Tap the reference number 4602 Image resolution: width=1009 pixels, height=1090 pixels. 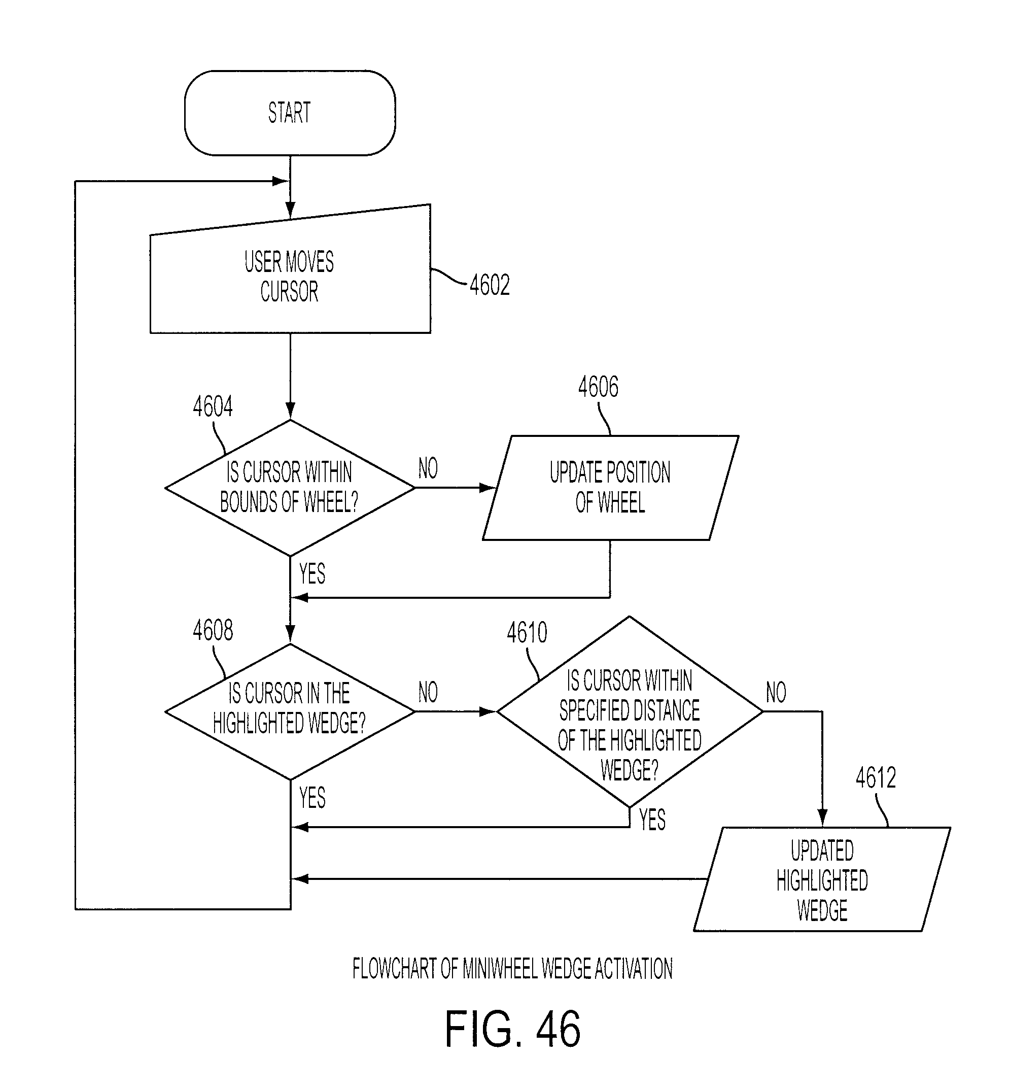(x=490, y=285)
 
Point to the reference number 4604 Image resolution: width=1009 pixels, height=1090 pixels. (x=213, y=406)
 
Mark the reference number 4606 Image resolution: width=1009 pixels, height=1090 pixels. (x=599, y=387)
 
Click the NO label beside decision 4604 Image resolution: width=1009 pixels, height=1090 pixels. (x=428, y=468)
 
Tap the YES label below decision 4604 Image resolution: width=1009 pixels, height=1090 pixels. (x=312, y=573)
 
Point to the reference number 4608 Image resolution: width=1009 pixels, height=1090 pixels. (x=213, y=630)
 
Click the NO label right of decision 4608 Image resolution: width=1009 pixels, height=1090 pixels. (x=428, y=692)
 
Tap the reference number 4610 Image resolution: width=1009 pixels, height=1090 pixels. (x=527, y=632)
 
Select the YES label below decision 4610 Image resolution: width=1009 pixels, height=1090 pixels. (x=652, y=819)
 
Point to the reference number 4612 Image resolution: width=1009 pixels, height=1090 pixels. (x=876, y=777)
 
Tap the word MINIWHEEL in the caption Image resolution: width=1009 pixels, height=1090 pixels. (x=500, y=969)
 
